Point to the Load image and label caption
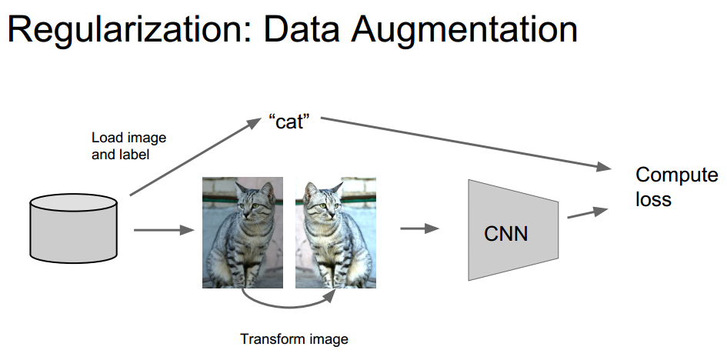tap(128, 145)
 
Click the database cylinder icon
tap(73, 227)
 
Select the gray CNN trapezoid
tap(507, 229)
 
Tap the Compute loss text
tap(675, 186)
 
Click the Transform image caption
tap(294, 338)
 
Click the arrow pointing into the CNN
tap(419, 228)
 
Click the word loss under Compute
tap(654, 199)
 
